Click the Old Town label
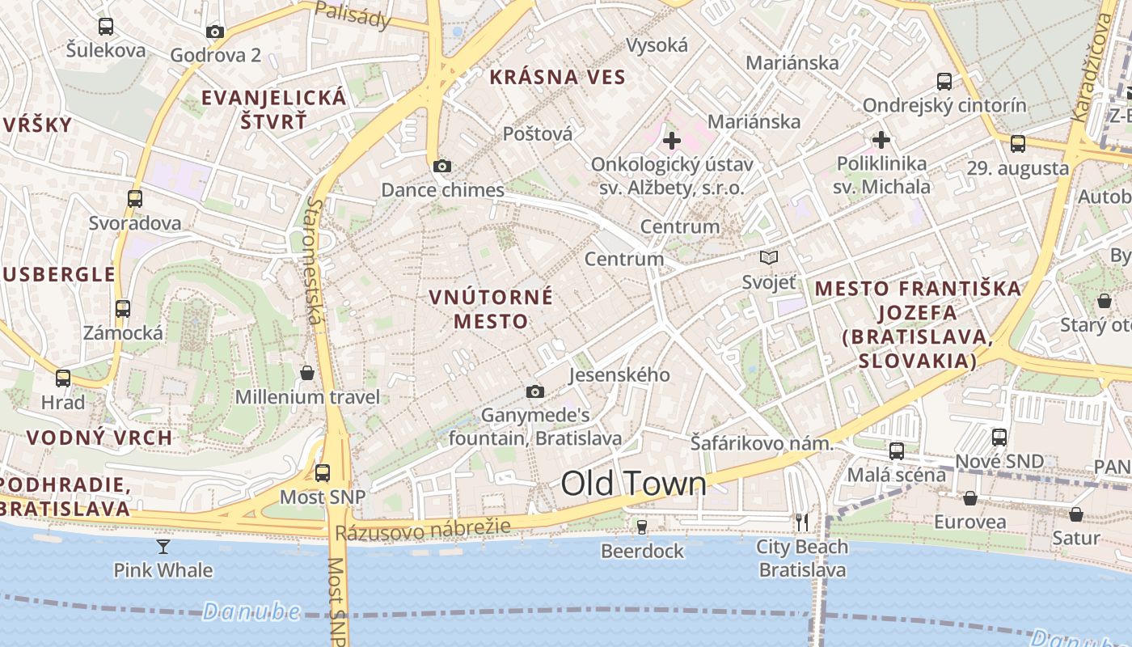[633, 484]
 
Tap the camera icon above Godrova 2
[215, 32]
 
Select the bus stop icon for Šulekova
[106, 27]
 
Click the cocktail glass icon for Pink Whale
[163, 547]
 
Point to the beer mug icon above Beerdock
[642, 526]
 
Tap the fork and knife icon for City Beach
[801, 522]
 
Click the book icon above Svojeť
[769, 258]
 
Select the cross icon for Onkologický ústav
[671, 141]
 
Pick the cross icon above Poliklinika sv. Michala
[881, 140]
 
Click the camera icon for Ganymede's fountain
[535, 391]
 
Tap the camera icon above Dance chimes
[441, 166]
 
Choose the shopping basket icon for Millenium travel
[307, 373]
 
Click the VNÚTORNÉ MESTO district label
[491, 309]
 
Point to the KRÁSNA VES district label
[557, 77]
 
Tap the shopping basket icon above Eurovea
[969, 497]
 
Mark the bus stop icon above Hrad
[63, 378]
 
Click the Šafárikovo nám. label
[761, 443]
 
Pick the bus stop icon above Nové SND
[999, 438]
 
